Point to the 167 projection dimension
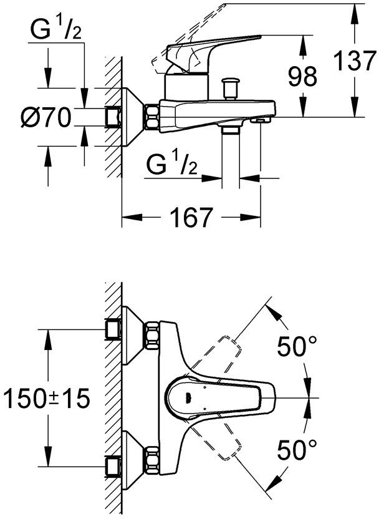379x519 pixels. pyautogui.click(x=191, y=218)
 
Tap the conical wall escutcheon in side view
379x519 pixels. pyautogui.click(x=132, y=117)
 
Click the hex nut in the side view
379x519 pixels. pyautogui.click(x=151, y=117)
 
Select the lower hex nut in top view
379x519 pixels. pyautogui.click(x=151, y=460)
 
